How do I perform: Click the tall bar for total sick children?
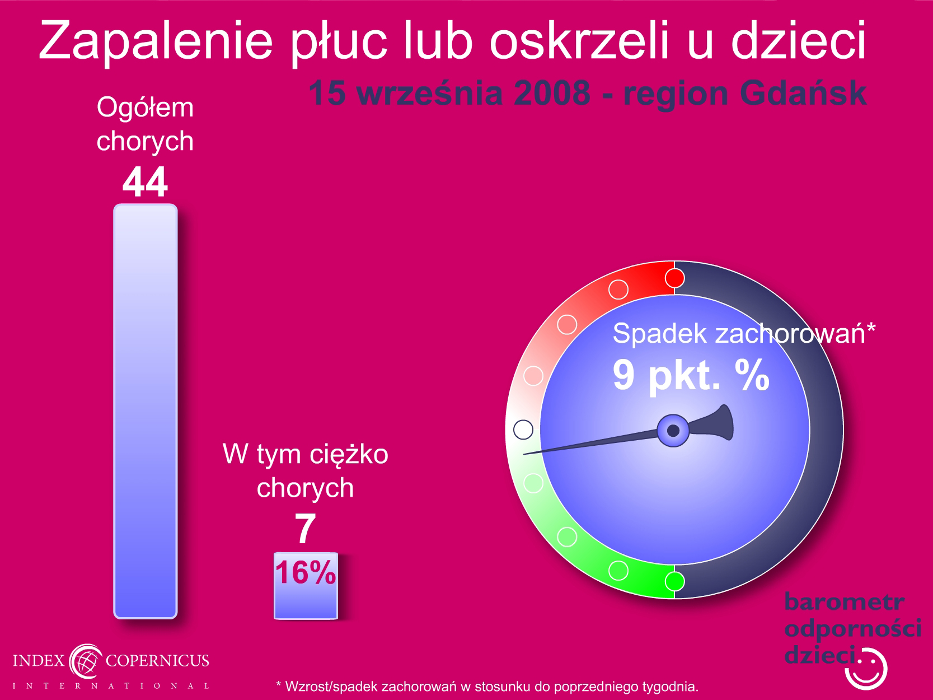pos(146,411)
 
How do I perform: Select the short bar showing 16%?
pos(306,586)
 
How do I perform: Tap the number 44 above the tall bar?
pos(145,182)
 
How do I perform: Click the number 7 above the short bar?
pos(305,528)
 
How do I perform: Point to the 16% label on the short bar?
pos(305,572)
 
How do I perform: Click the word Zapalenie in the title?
pos(156,41)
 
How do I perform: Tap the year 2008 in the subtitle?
pos(552,93)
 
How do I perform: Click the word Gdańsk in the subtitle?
pos(803,93)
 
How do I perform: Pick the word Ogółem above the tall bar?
pos(145,108)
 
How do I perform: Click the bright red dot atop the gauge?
pos(674,278)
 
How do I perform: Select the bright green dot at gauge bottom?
pos(674,581)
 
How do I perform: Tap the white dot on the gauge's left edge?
pos(523,430)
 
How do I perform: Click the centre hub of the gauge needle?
pos(673,431)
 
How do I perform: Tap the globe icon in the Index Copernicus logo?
pos(86,661)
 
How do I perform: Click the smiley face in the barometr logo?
pos(866,669)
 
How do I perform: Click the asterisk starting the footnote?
pos(279,684)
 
